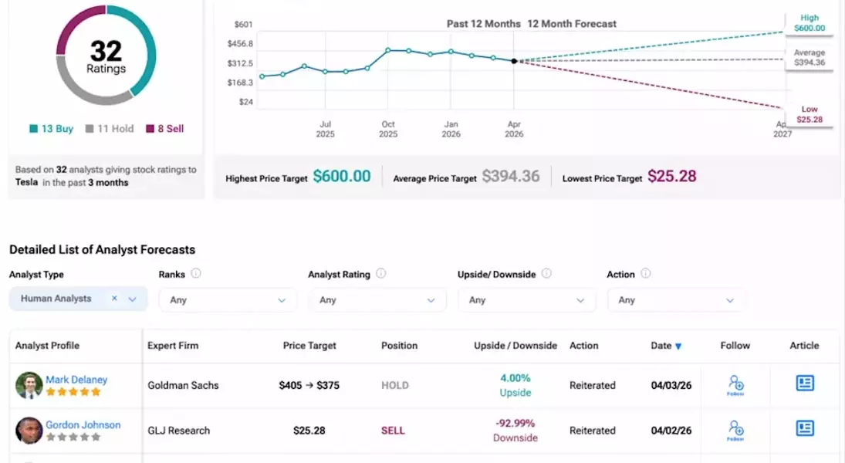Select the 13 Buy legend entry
(x=52, y=129)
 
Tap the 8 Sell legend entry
(x=165, y=129)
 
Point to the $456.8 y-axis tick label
(x=240, y=44)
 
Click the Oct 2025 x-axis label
(x=387, y=129)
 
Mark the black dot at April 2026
(x=514, y=61)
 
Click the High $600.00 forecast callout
(x=809, y=23)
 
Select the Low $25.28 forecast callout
(x=809, y=114)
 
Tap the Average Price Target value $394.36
(x=511, y=176)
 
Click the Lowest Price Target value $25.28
(x=671, y=176)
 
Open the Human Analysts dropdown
(x=78, y=299)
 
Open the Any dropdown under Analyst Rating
(x=377, y=300)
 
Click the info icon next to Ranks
(x=196, y=273)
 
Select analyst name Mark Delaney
(x=76, y=380)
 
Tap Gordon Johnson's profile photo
(x=29, y=431)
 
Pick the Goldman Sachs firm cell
(x=183, y=385)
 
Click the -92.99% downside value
(x=515, y=424)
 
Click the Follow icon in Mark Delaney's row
(x=735, y=384)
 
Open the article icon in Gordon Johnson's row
(x=805, y=428)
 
